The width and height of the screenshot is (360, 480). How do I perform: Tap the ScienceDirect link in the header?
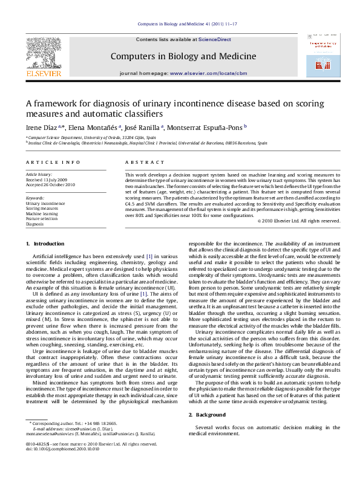215,39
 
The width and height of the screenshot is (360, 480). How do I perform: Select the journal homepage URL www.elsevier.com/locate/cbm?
200,73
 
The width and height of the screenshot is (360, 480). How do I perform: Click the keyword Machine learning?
42,213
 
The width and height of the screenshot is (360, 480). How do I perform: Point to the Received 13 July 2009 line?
46,180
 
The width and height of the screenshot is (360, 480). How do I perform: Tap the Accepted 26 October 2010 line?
50,184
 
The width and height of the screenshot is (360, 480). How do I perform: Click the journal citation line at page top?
180,24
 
